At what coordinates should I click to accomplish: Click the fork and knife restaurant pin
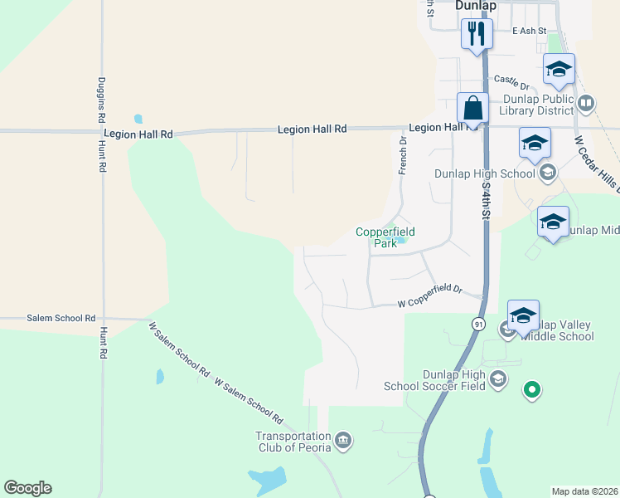(x=477, y=34)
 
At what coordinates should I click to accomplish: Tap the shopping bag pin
(x=472, y=109)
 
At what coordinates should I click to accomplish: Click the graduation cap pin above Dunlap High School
(x=535, y=143)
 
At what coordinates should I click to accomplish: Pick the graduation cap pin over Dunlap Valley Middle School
(x=523, y=316)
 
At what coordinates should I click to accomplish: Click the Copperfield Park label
(x=385, y=238)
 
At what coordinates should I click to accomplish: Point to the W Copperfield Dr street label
(x=429, y=295)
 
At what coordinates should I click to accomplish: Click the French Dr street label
(x=403, y=155)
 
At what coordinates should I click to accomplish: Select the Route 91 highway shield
(x=479, y=325)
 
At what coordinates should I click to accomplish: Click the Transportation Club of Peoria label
(x=293, y=442)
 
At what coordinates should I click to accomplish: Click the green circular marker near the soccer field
(x=531, y=388)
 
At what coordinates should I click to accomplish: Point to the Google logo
(x=27, y=488)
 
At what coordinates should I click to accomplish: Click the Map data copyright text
(x=584, y=491)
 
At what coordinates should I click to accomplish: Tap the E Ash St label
(x=529, y=31)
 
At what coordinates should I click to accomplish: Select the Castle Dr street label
(x=511, y=81)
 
